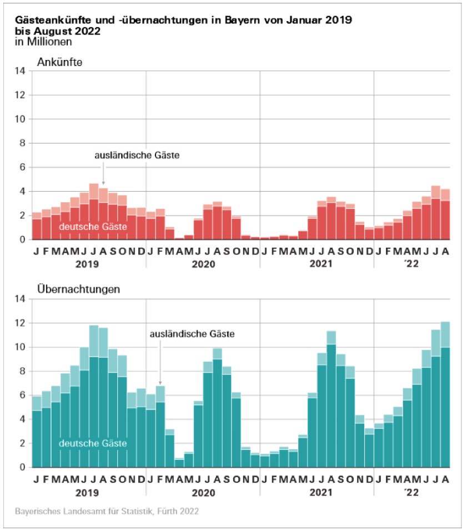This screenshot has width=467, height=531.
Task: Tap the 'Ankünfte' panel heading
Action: [x=59, y=62]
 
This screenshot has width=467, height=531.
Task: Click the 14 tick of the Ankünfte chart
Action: [x=20, y=71]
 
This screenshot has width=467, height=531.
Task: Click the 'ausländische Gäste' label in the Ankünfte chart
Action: [x=137, y=156]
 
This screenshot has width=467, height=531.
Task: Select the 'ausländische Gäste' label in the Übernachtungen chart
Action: [x=192, y=334]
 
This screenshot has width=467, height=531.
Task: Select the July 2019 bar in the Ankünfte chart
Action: [x=94, y=214]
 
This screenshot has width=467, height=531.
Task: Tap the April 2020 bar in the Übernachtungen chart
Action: [x=179, y=463]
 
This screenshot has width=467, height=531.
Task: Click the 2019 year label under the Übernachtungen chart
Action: [x=89, y=492]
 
